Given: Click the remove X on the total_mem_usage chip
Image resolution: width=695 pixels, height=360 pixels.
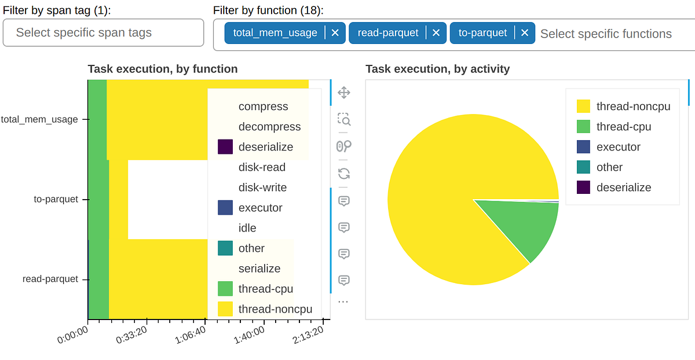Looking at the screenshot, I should pos(335,33).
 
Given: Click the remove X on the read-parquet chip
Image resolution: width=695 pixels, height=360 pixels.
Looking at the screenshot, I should pos(436,33).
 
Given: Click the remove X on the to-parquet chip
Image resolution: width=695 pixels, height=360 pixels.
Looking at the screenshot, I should pos(524,33).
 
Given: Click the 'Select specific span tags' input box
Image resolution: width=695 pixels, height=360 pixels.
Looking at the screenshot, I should pos(103,32).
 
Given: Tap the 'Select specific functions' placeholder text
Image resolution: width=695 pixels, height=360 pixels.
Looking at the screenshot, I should pos(606,34).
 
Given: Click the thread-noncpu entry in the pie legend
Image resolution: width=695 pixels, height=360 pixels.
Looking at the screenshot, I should pos(633,106).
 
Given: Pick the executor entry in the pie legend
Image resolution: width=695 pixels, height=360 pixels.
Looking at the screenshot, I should pos(619,147).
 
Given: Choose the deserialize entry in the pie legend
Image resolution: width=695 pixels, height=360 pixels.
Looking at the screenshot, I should pos(624,188).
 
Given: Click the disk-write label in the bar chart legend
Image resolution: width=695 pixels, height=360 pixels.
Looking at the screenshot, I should pos(262,188).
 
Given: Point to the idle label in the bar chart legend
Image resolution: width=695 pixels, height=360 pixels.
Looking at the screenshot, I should pos(247,228).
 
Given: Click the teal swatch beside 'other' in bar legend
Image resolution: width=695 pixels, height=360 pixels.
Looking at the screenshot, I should pos(225,248).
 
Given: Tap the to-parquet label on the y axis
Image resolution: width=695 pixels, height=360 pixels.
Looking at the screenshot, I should pos(56,200).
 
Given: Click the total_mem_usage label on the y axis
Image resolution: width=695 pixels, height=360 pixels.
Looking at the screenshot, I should pos(39,120).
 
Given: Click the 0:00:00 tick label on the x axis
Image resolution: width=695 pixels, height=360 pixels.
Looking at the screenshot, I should pos(73,335).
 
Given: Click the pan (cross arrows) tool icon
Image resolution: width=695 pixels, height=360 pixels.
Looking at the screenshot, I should pos(343,93).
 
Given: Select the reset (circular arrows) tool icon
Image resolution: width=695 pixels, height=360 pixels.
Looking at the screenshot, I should pos(343,173).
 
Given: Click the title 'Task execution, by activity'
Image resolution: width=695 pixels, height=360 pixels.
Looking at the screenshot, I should pos(437,69).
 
